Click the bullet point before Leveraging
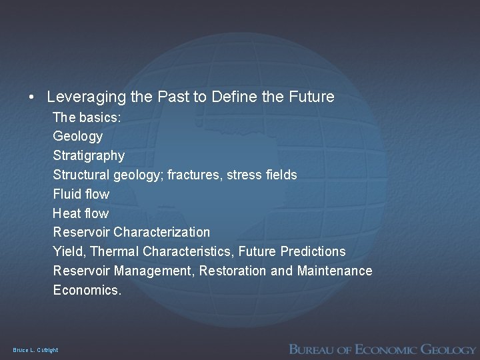click(x=32, y=97)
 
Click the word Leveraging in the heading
click(x=85, y=97)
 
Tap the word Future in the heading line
click(x=312, y=97)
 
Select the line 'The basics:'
click(x=86, y=117)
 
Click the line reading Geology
click(x=78, y=137)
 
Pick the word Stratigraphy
click(x=89, y=156)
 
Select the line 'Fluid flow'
click(x=81, y=194)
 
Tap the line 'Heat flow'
click(x=81, y=213)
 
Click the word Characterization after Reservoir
click(x=162, y=233)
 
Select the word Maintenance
click(x=335, y=271)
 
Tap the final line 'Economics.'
click(x=87, y=290)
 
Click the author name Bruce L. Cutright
click(x=35, y=350)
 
